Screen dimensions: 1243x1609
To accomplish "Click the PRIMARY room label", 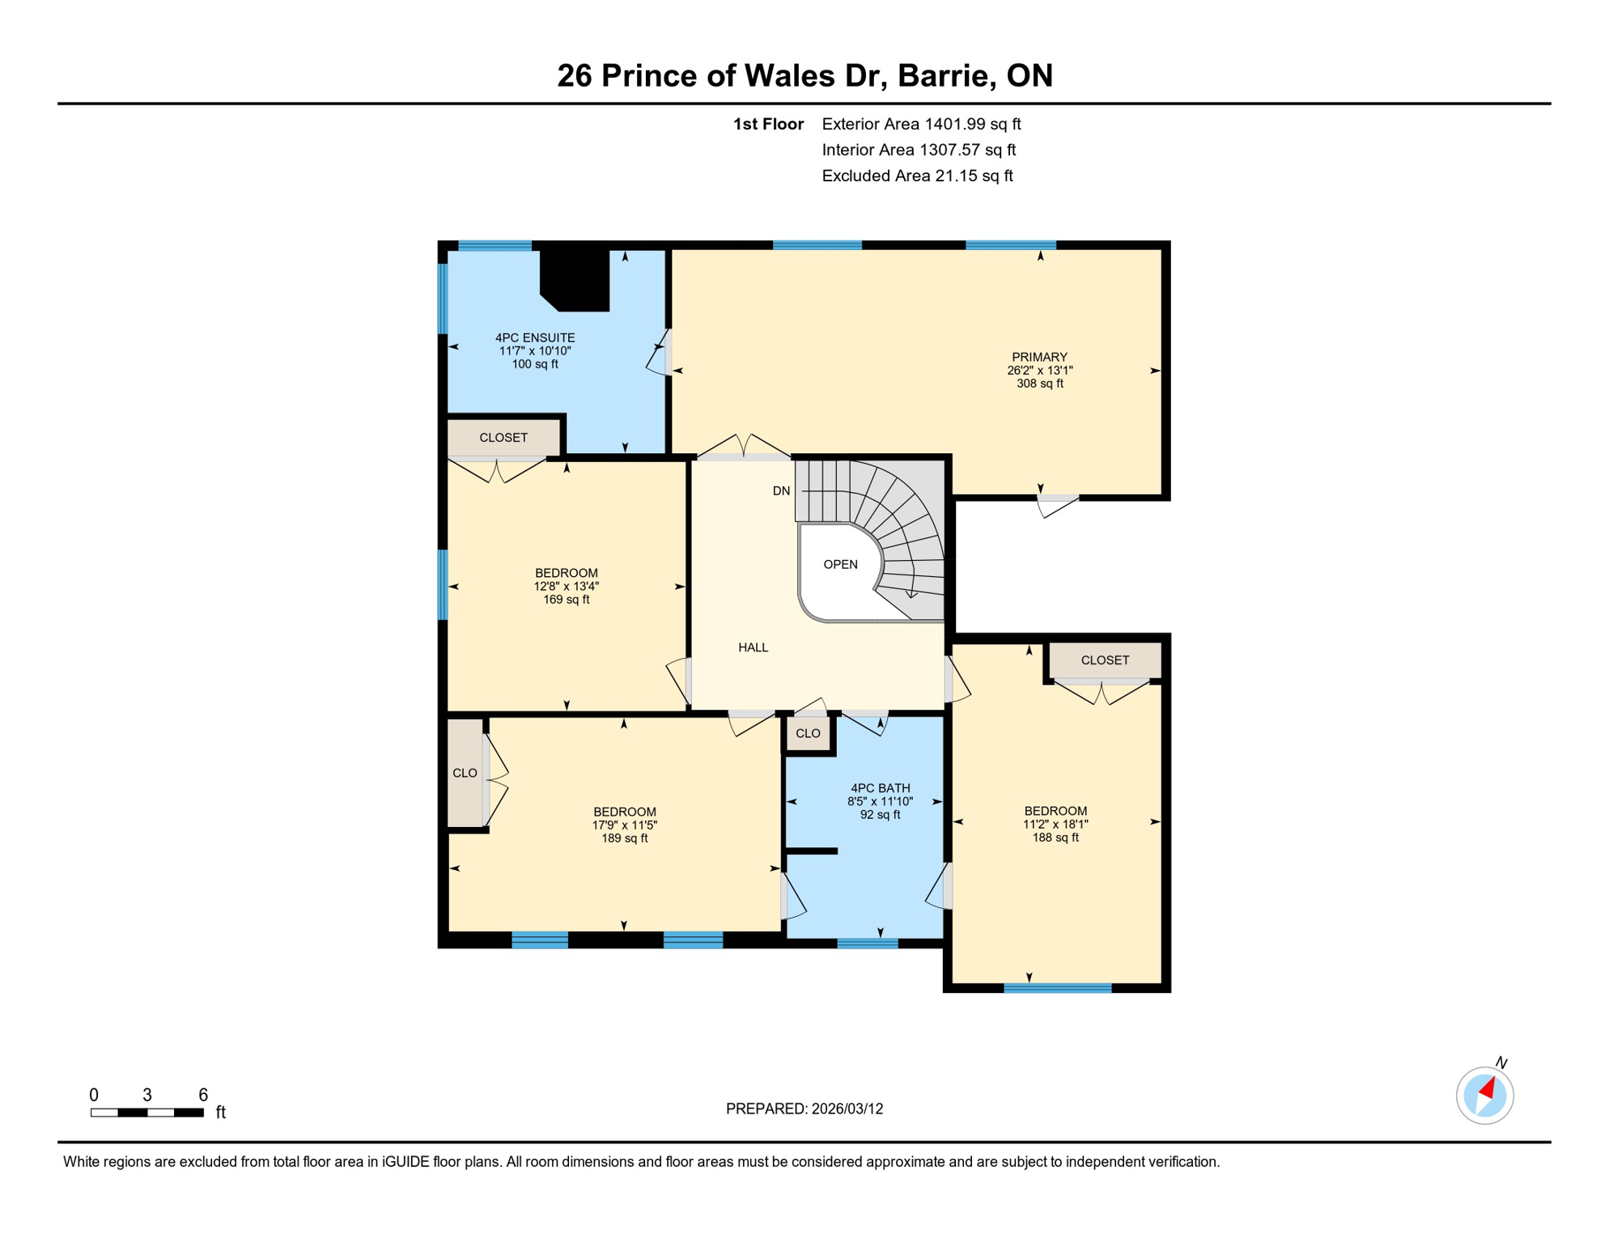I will click(x=1039, y=357).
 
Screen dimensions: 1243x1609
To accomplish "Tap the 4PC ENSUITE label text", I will click(x=535, y=338).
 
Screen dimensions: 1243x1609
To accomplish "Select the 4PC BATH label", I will click(x=880, y=788).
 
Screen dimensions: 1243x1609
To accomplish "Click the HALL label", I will click(x=753, y=647).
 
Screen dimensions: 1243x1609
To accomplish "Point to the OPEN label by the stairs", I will click(x=840, y=565).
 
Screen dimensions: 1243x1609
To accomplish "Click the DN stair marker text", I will click(x=781, y=491).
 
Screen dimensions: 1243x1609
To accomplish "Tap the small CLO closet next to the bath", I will click(x=808, y=734).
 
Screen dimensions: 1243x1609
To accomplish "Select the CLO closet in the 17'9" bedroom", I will click(x=465, y=774).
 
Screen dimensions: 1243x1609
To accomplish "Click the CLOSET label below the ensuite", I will click(x=503, y=438).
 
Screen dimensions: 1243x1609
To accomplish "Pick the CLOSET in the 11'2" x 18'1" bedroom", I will click(x=1105, y=660).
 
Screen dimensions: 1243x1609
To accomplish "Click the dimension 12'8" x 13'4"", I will click(x=566, y=587).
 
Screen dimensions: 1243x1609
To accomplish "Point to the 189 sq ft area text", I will click(x=624, y=838).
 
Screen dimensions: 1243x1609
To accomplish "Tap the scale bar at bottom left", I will click(x=147, y=1113).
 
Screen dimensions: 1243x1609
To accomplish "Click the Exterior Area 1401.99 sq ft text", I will click(x=921, y=124).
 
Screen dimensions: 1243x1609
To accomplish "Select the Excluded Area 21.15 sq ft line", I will click(x=917, y=176).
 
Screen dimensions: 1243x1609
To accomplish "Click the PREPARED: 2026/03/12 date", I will click(x=804, y=1109).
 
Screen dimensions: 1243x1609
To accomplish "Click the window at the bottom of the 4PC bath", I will click(x=867, y=943).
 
